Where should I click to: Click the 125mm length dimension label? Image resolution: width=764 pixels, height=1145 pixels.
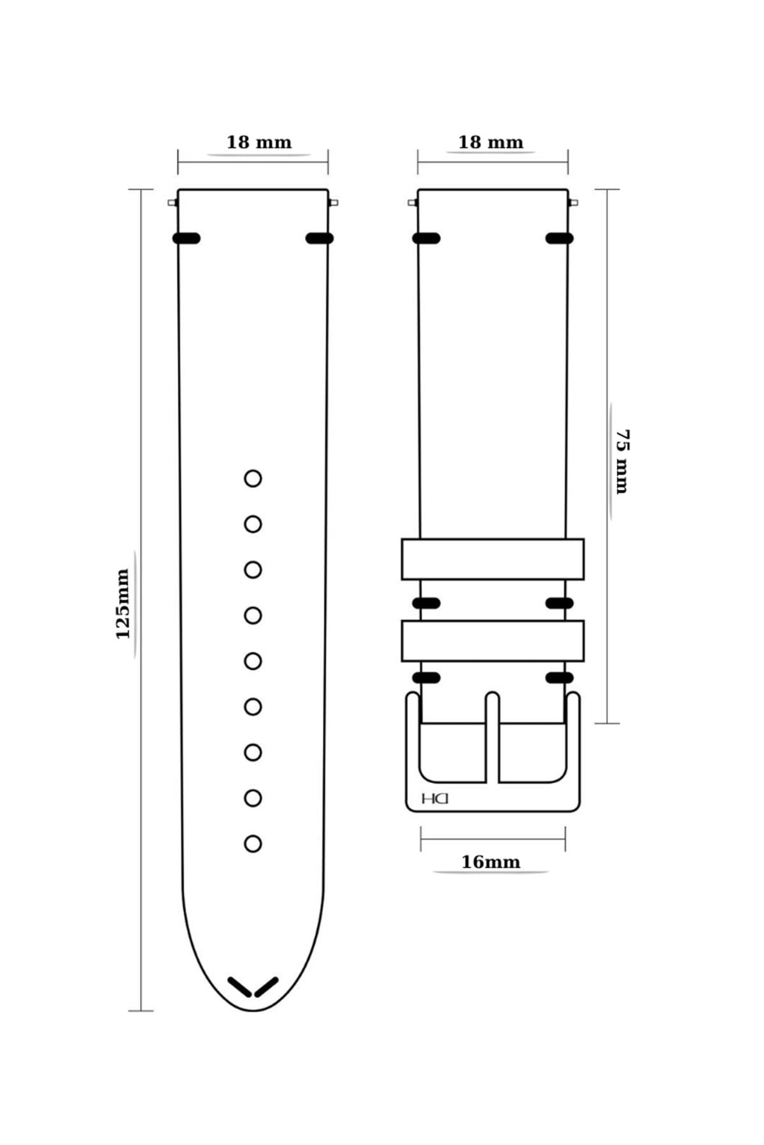click(x=122, y=604)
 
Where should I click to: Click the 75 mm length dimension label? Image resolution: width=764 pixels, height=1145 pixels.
click(x=621, y=462)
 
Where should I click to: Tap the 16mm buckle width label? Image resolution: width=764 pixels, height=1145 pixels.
click(x=490, y=862)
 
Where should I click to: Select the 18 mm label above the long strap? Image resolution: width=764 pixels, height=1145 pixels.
click(x=259, y=142)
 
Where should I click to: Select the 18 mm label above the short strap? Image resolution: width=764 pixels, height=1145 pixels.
click(x=491, y=142)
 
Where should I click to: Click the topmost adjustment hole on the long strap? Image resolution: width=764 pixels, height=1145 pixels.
click(x=253, y=478)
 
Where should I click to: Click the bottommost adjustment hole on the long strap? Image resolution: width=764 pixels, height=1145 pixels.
click(x=253, y=843)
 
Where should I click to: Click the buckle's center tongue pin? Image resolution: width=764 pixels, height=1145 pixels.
click(x=492, y=737)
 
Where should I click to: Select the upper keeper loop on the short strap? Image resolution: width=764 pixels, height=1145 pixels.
click(x=493, y=559)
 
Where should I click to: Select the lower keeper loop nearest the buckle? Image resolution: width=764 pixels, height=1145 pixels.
click(x=493, y=641)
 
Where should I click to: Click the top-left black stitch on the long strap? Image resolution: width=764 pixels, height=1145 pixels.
click(x=187, y=239)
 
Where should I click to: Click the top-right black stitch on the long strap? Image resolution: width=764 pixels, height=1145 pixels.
click(x=320, y=239)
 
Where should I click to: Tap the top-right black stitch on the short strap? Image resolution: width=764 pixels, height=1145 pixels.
click(x=560, y=239)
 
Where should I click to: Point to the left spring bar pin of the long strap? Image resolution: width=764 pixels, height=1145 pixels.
click(x=173, y=203)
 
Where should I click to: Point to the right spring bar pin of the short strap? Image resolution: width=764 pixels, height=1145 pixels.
click(x=573, y=203)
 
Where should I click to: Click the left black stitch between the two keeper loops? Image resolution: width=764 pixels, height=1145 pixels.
click(x=427, y=603)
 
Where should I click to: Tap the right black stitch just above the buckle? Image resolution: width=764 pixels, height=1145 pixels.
click(x=560, y=677)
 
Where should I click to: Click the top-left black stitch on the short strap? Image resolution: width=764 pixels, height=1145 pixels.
click(x=427, y=239)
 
